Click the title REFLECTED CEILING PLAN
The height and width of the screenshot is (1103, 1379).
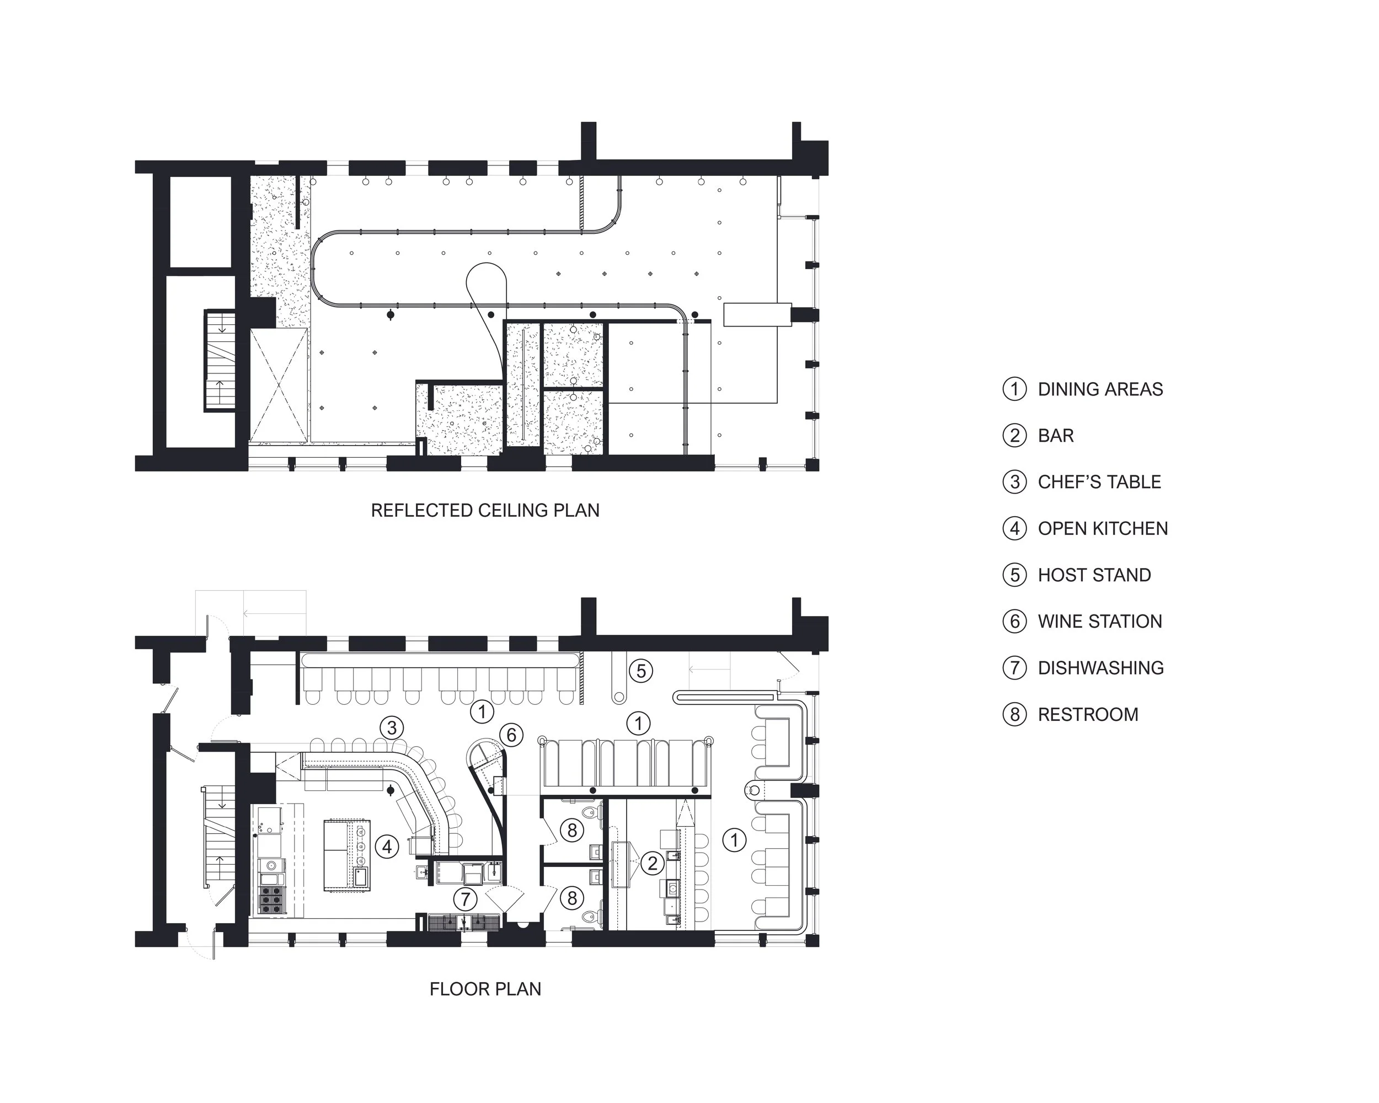pos(485,510)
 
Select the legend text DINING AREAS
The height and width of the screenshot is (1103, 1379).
pos(1100,389)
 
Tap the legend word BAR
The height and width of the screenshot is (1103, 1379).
pos(1055,436)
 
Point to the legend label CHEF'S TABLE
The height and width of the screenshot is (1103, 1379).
pos(1099,481)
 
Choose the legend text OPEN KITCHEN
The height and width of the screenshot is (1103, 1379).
pos(1103,528)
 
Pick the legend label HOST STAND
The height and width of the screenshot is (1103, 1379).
pos(1094,575)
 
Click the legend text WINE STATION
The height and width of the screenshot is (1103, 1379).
pos(1099,621)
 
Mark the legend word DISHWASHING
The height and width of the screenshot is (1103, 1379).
pos(1100,667)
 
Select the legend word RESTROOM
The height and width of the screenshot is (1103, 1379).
pos(1088,714)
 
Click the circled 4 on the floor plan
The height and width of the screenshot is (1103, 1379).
pos(387,847)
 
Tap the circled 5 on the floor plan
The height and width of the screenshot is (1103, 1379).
pos(641,671)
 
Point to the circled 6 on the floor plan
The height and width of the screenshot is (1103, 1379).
pos(511,735)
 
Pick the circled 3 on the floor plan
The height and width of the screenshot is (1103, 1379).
pos(392,727)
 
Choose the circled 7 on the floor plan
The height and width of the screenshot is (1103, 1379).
pos(465,899)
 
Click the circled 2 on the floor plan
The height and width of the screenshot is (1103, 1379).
pos(652,863)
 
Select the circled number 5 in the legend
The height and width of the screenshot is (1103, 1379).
pos(1014,575)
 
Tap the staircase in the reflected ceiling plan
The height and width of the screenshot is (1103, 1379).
pos(220,360)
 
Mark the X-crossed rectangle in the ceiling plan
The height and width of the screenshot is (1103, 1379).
pos(278,385)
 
